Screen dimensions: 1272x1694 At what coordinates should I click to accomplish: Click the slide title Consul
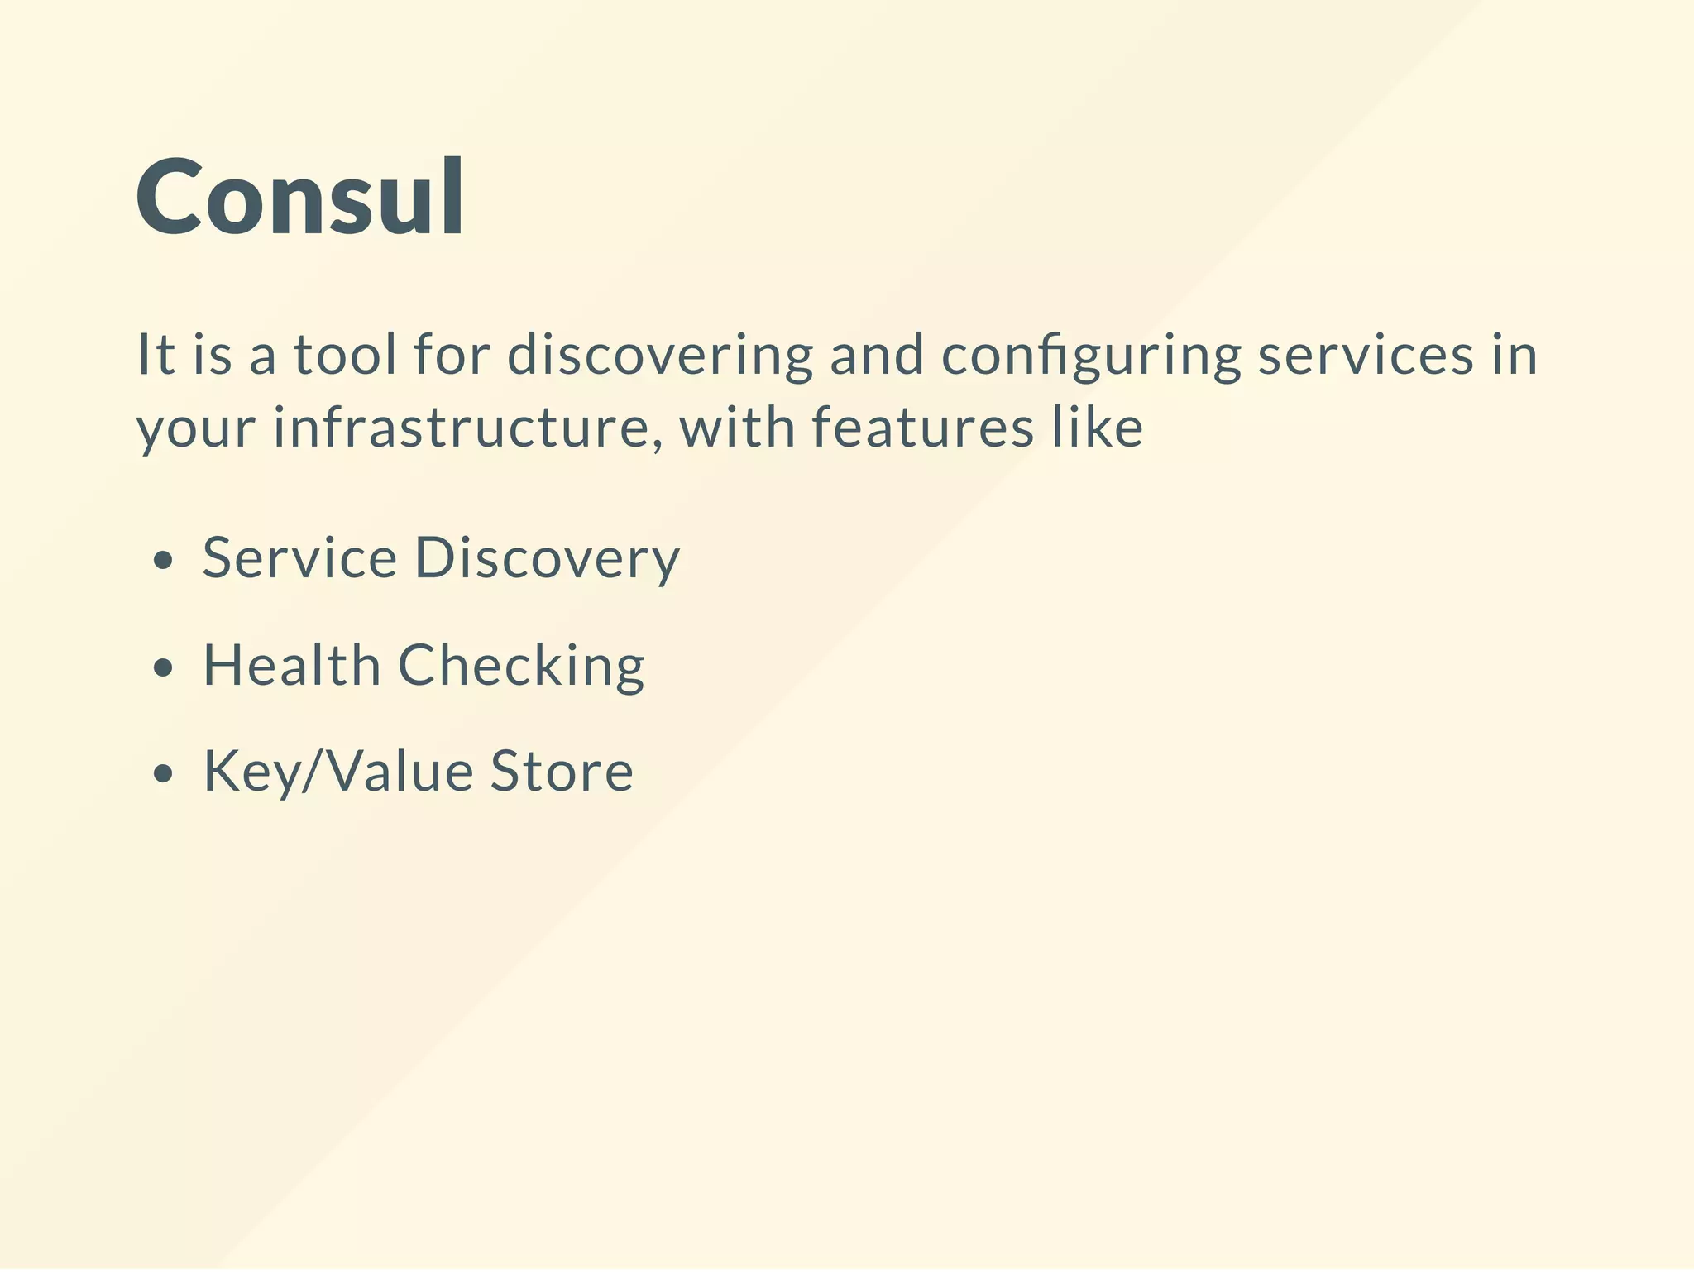pyautogui.click(x=300, y=198)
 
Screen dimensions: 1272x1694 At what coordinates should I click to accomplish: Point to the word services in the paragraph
pyautogui.click(x=1366, y=355)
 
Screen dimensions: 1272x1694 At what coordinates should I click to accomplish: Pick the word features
pyautogui.click(x=922, y=428)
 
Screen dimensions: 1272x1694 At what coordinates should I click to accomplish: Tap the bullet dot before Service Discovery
pyautogui.click(x=164, y=561)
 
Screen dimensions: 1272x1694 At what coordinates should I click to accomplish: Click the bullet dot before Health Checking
pyautogui.click(x=164, y=667)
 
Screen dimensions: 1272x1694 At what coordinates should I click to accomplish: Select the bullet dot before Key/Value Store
pyautogui.click(x=164, y=773)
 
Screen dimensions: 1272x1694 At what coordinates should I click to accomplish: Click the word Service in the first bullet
pyautogui.click(x=300, y=557)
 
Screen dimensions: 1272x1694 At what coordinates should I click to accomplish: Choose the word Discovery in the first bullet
pyautogui.click(x=547, y=559)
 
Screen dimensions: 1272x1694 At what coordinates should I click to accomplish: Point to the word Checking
pyautogui.click(x=521, y=666)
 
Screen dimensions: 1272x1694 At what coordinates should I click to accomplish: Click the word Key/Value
pyautogui.click(x=338, y=772)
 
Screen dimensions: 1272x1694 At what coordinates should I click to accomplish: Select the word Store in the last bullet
pyautogui.click(x=562, y=772)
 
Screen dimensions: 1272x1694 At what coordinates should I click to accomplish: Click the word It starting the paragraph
pyautogui.click(x=155, y=355)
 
